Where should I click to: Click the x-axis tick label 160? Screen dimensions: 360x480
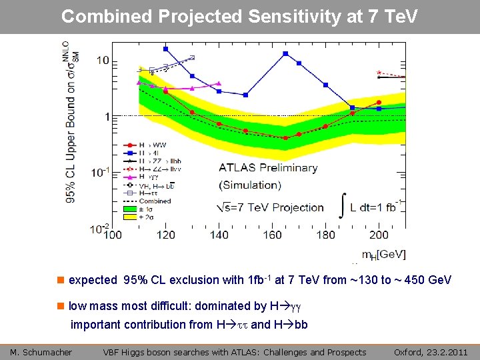point(272,235)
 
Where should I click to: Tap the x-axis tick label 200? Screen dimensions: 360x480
point(379,235)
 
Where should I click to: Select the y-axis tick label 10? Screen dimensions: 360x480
point(102,61)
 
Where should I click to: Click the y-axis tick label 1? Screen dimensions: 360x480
point(106,117)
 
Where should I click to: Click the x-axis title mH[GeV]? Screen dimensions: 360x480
point(383,254)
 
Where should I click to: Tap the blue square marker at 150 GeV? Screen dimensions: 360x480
point(245,95)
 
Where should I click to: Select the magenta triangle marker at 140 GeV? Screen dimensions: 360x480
point(219,84)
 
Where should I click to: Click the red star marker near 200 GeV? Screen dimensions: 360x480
point(379,72)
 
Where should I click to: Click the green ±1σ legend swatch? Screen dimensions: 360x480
point(131,209)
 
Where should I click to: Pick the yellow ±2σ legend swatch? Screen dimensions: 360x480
point(131,217)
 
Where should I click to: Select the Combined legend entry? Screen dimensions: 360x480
point(155,201)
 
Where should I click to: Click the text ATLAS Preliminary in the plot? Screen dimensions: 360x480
point(267,168)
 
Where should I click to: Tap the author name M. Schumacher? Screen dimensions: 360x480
point(41,352)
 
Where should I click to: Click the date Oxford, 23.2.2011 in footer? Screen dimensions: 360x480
point(431,352)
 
